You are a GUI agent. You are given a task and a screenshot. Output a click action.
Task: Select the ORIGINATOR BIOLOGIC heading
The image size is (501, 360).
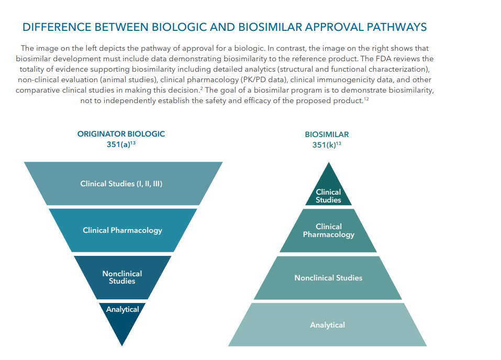[121, 134]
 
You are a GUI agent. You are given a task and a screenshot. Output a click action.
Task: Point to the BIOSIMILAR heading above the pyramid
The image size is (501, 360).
[327, 134]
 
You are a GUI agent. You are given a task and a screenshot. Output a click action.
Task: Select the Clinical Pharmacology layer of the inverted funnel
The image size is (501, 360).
[123, 230]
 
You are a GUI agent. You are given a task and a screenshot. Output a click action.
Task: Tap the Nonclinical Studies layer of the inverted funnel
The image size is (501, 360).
[122, 277]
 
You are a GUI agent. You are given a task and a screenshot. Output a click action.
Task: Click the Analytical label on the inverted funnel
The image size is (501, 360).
[123, 309]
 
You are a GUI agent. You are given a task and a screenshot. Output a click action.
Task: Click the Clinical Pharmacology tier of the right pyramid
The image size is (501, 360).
[328, 231]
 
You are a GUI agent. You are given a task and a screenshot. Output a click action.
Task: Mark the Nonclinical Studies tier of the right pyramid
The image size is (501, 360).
[328, 278]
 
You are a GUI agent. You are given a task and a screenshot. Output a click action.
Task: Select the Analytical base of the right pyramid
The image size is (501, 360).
[327, 325]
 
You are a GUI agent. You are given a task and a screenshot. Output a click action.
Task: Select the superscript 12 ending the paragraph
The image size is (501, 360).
[366, 99]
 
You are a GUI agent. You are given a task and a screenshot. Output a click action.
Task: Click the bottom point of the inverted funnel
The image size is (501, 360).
[122, 344]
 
